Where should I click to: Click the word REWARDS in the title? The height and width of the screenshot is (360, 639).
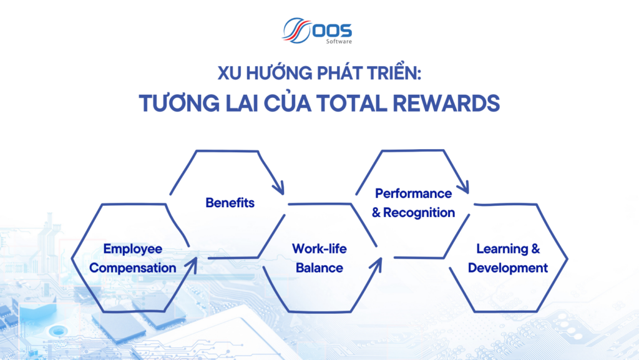tap(440, 103)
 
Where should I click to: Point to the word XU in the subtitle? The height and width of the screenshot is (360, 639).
tap(228, 74)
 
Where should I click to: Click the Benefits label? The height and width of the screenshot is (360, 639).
tap(230, 203)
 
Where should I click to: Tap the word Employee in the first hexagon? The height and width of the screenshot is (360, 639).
tap(133, 249)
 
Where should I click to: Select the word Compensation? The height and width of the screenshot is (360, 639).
tap(133, 268)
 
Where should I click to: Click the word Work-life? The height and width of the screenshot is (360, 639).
tap(319, 249)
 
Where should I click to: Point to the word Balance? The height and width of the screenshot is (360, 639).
tap(319, 268)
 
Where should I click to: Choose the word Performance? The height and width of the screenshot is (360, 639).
tap(413, 193)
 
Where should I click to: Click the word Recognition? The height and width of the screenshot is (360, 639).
tap(419, 213)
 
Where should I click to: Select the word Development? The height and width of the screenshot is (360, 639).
tap(508, 268)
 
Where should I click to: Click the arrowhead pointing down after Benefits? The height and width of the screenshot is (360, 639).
tap(278, 186)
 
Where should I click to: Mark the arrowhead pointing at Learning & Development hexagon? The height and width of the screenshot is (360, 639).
tap(462, 185)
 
